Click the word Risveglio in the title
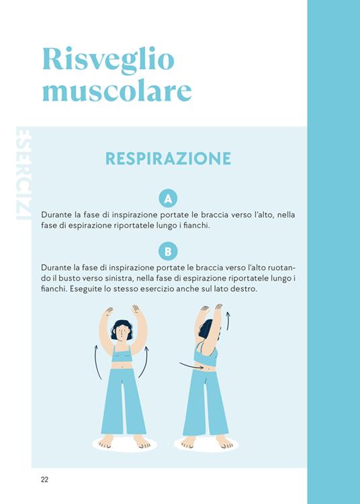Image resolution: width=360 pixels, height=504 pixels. (108, 60)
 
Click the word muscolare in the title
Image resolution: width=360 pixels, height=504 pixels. (117, 91)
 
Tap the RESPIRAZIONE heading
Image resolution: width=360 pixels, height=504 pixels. (168, 158)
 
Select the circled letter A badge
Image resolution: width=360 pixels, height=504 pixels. (168, 198)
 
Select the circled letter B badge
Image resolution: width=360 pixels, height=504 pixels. (168, 251)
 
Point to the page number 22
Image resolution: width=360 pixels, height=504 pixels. (44, 479)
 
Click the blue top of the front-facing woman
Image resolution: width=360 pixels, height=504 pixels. (122, 354)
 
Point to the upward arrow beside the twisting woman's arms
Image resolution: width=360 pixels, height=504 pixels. (227, 320)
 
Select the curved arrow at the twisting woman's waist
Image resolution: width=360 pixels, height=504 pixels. (187, 366)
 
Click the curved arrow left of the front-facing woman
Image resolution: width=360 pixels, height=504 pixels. (96, 362)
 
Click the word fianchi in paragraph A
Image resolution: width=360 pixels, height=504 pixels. (195, 225)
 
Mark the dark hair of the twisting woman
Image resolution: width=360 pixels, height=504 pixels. (206, 329)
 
